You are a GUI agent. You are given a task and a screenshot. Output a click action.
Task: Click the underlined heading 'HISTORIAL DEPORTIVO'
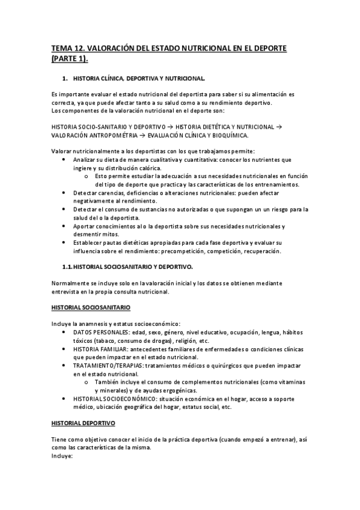tap(87, 423)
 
